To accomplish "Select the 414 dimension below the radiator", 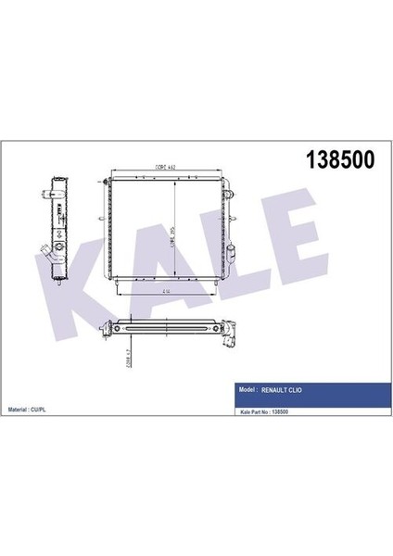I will (x=165, y=290).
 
